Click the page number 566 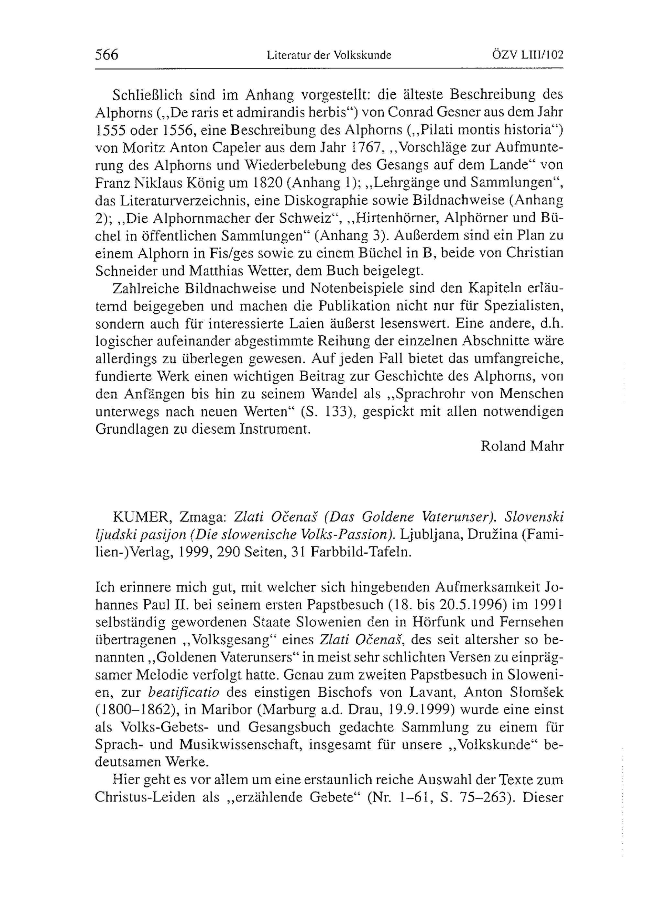click(x=107, y=55)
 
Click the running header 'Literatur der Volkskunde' click(x=328, y=56)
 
